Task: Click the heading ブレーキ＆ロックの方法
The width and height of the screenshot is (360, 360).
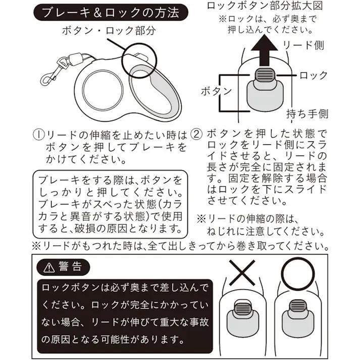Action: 110,12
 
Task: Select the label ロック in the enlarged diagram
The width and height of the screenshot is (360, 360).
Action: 314,76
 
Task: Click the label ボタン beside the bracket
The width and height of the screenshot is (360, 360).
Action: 216,91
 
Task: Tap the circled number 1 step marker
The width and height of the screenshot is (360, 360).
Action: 39,135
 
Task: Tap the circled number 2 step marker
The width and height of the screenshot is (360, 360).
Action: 198,135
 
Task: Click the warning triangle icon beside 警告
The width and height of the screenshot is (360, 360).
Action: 49,267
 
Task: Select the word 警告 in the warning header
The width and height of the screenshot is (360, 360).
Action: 68,267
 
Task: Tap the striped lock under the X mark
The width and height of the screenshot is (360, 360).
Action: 246,308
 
